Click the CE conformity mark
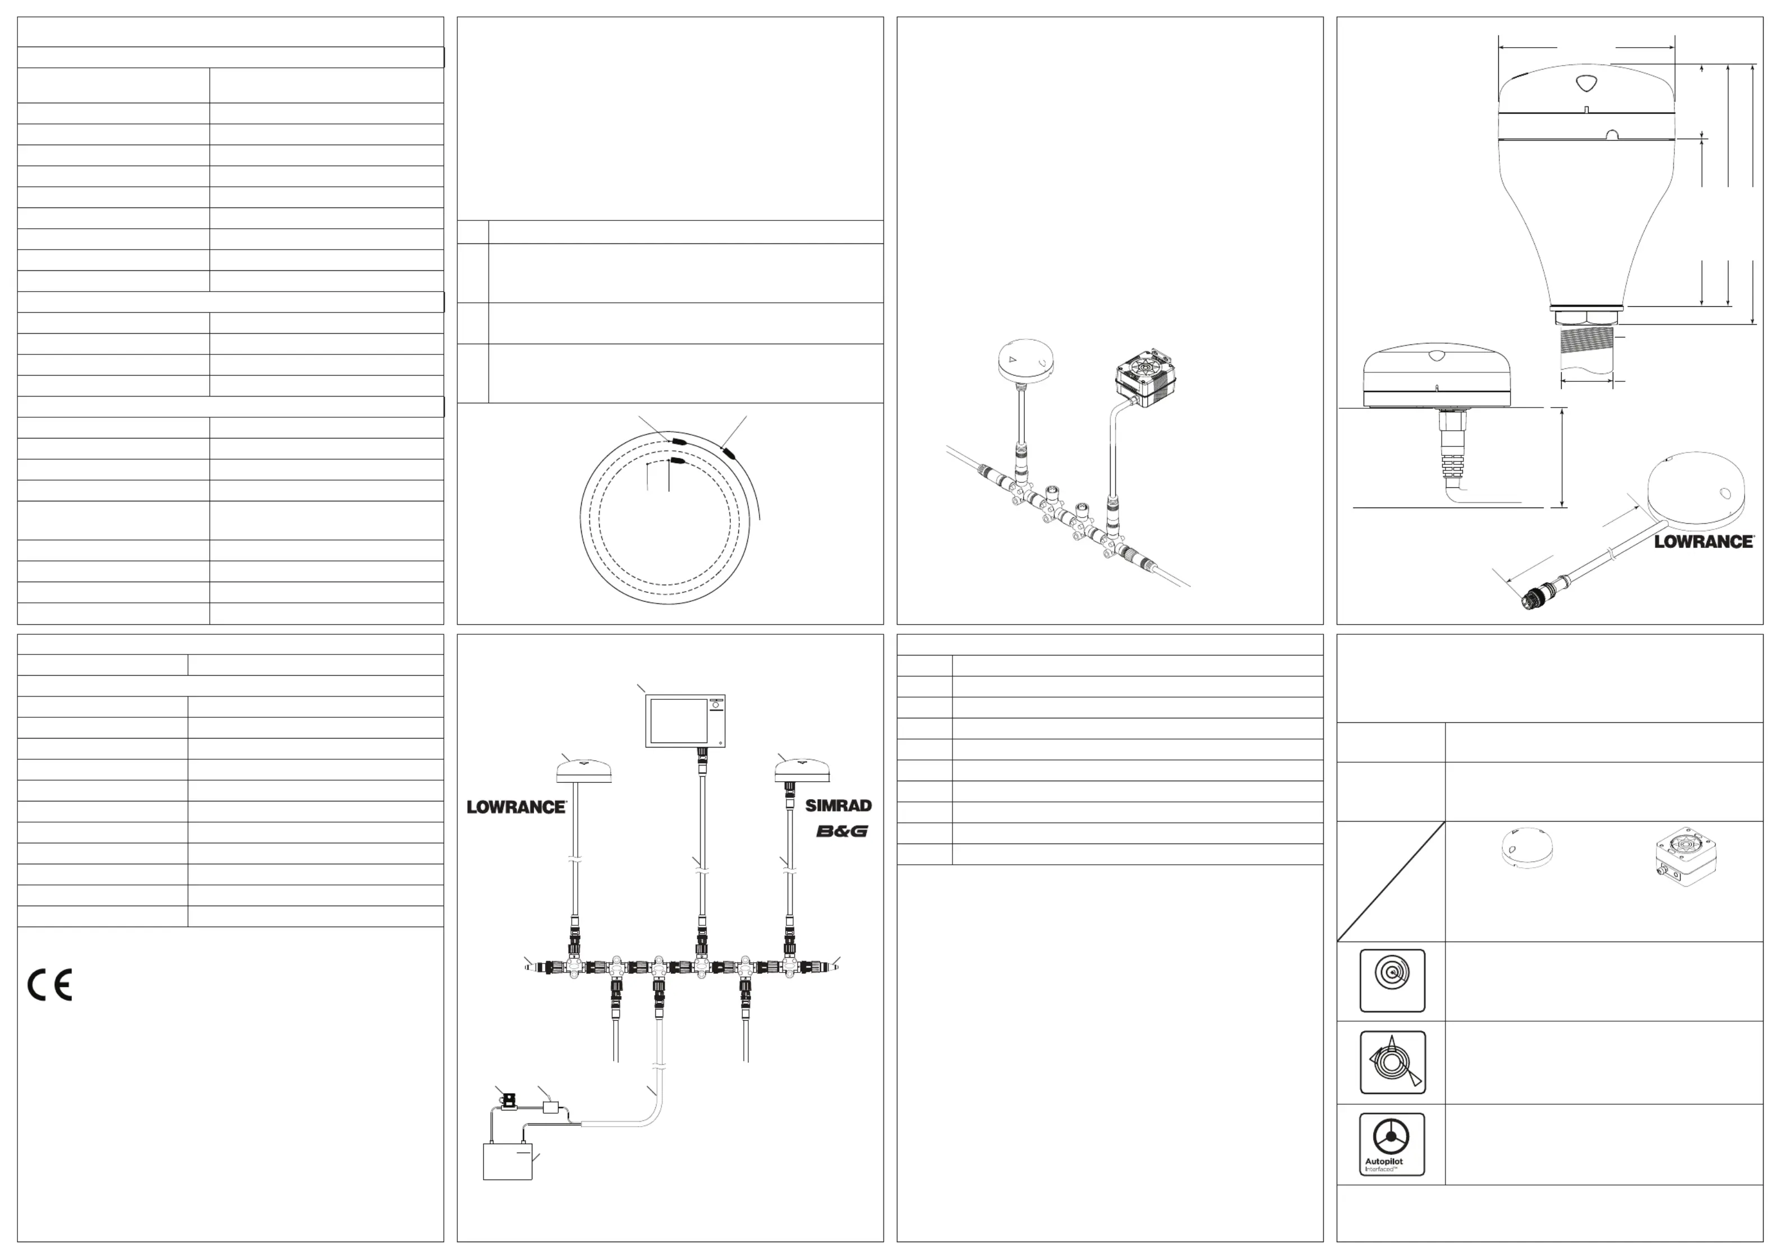[x=50, y=985]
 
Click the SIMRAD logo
[x=837, y=806]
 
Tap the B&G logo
[x=841, y=832]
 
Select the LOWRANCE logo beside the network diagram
[x=517, y=807]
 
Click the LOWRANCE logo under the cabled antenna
[x=1704, y=542]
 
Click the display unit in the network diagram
[x=685, y=721]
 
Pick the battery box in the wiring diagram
[x=507, y=1161]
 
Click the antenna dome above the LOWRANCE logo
[x=584, y=771]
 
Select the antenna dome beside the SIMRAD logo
[x=803, y=771]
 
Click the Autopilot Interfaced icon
[x=1392, y=1144]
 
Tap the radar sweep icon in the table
[x=1392, y=980]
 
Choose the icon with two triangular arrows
[x=1392, y=1062]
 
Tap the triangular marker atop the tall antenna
[x=1586, y=83]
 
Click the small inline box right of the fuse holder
[x=551, y=1107]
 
